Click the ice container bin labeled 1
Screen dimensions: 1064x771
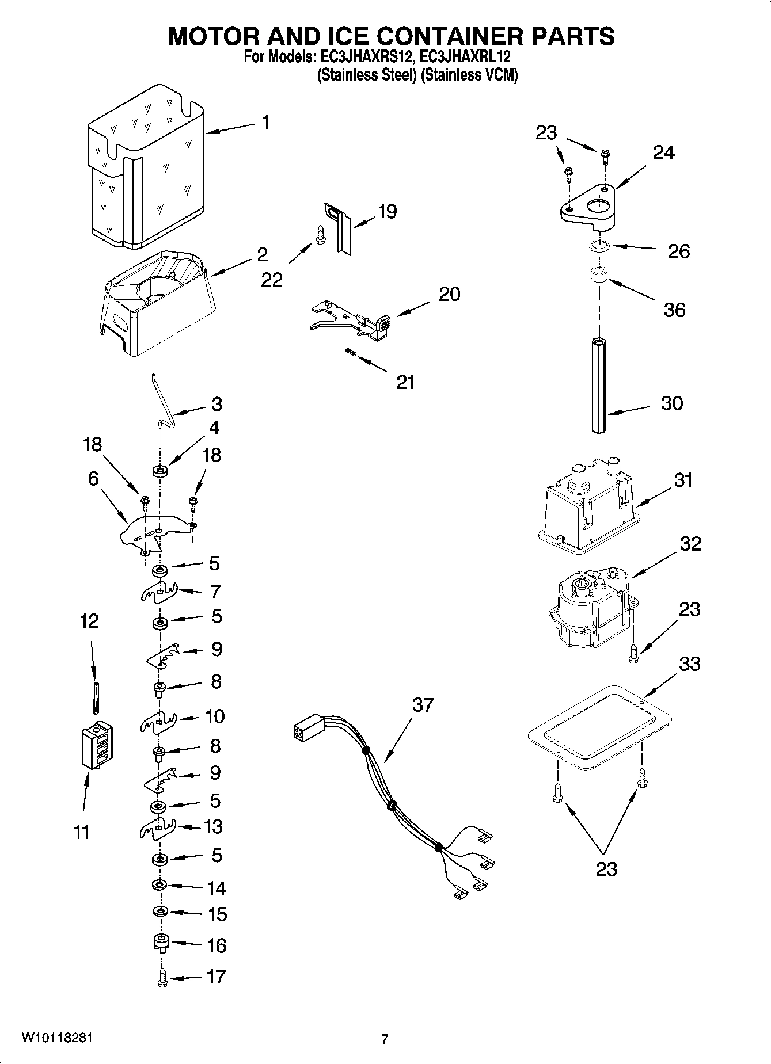(x=147, y=173)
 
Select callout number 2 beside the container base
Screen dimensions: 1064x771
(x=263, y=254)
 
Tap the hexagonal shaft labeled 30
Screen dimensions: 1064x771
(x=599, y=385)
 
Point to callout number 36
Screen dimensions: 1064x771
(x=674, y=310)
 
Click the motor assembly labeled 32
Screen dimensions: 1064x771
(x=590, y=610)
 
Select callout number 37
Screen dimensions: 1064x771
(x=423, y=705)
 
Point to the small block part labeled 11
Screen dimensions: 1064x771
(x=96, y=745)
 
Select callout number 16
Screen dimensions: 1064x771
(x=217, y=945)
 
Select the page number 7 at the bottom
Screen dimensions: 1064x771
(x=385, y=1039)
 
